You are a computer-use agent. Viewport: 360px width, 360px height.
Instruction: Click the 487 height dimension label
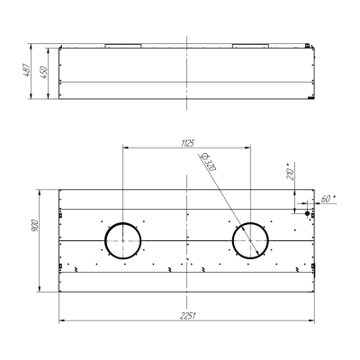tap(27, 69)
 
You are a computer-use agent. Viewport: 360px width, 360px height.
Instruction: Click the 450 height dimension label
tap(43, 72)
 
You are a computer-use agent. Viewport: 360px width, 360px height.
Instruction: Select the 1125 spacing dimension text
tap(188, 143)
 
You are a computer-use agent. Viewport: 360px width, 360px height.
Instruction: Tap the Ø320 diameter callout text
tap(209, 162)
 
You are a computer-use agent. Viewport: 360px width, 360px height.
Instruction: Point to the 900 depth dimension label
tap(34, 225)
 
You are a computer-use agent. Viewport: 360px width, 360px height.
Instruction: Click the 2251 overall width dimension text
tap(188, 316)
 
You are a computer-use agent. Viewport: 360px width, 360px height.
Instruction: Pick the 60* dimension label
tap(328, 199)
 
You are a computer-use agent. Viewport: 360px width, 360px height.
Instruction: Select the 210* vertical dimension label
tap(290, 171)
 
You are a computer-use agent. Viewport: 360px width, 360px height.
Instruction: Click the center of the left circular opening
tap(122, 240)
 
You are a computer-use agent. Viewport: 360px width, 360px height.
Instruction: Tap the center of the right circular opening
tap(250, 240)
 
